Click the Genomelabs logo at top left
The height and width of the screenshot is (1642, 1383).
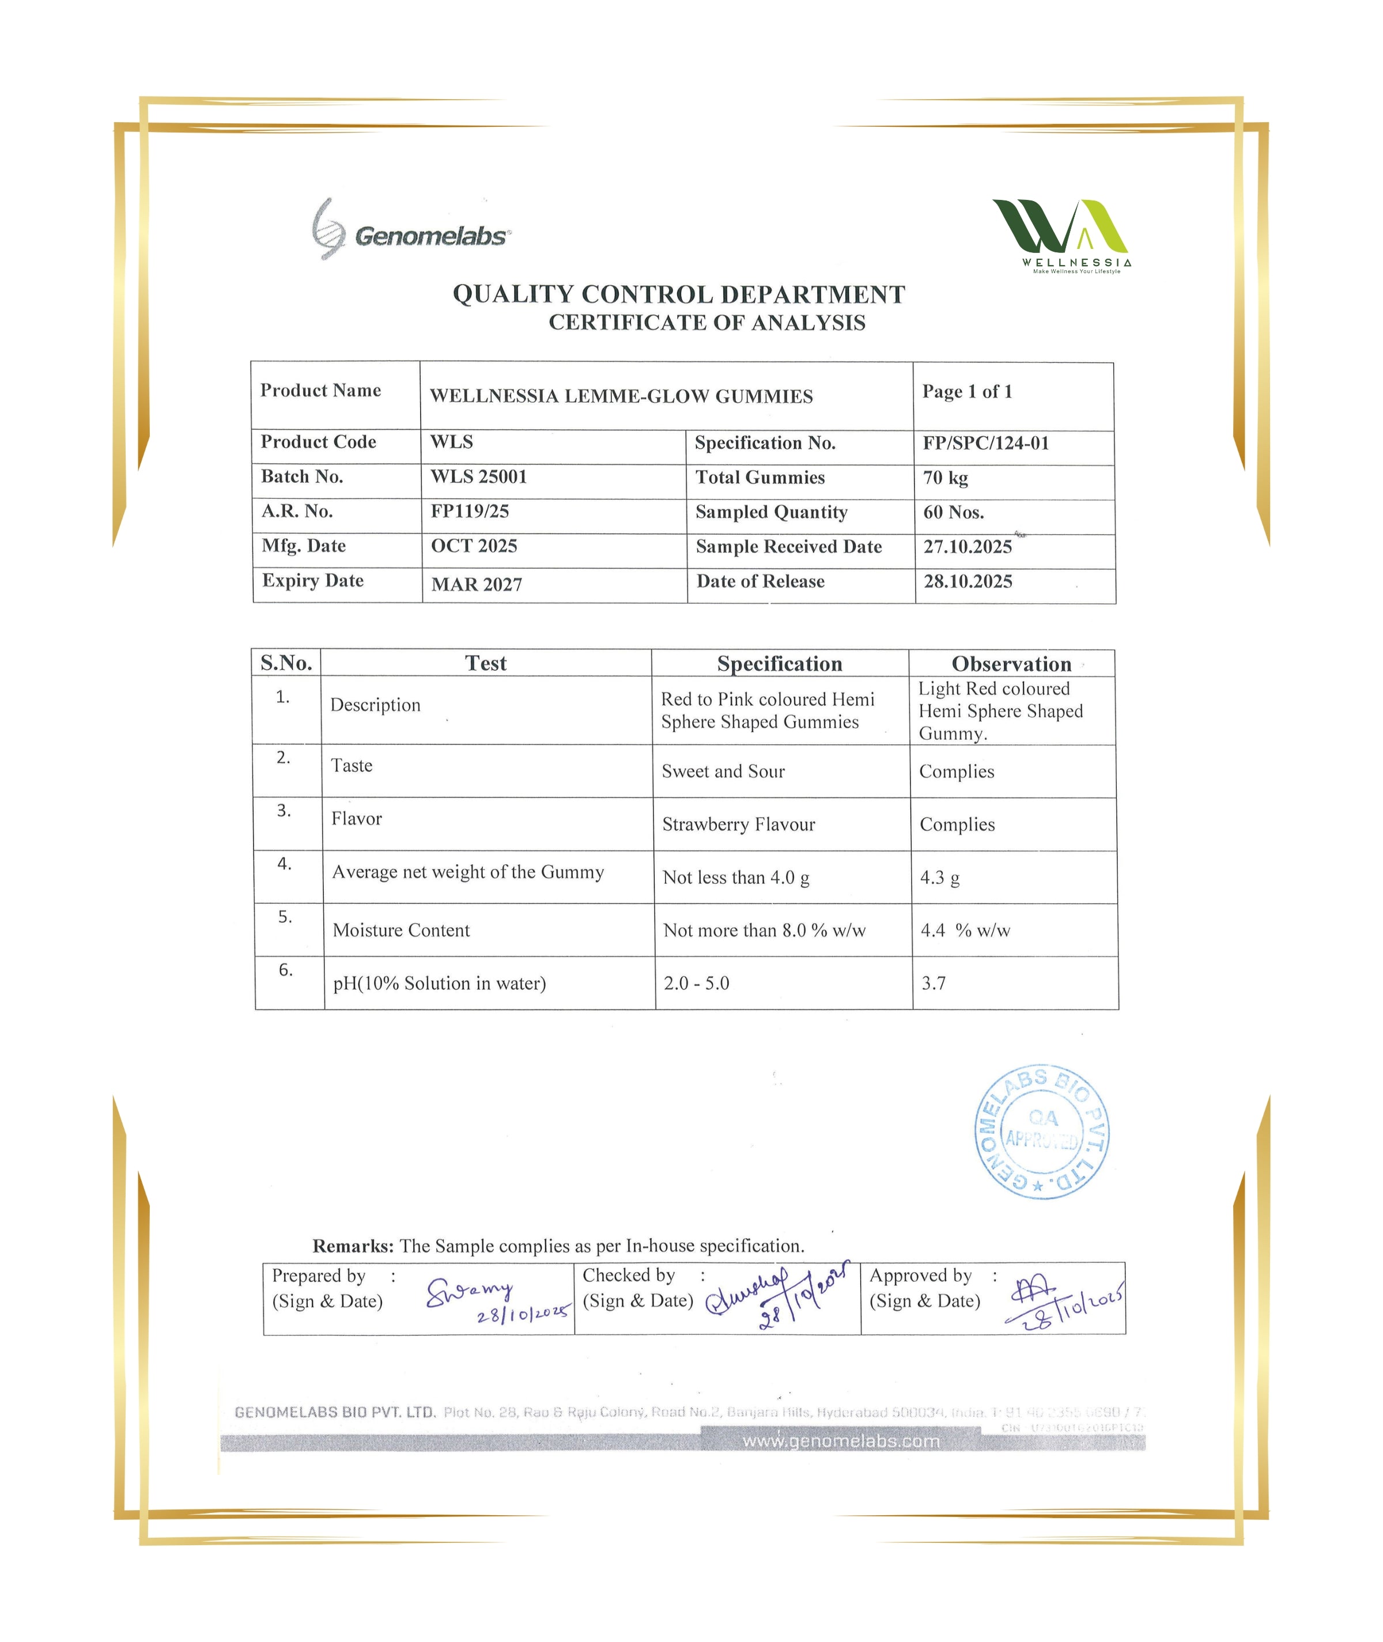[410, 230]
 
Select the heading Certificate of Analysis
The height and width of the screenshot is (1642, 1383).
[706, 323]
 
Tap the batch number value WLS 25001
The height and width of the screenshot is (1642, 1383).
[478, 476]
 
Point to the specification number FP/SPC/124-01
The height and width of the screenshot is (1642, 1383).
[985, 443]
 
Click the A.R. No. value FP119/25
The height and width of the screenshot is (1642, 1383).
[470, 511]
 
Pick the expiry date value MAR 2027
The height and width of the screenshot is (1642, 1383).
[476, 584]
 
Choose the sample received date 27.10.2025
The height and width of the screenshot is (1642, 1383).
[968, 546]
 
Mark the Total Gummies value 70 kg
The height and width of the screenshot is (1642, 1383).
[944, 477]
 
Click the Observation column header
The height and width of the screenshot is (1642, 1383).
[1011, 664]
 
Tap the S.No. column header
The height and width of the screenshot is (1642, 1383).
[286, 663]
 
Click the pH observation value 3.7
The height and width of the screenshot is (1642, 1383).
[933, 983]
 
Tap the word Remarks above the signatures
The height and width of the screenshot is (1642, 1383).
[352, 1246]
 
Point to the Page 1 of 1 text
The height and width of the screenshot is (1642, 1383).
[967, 391]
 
